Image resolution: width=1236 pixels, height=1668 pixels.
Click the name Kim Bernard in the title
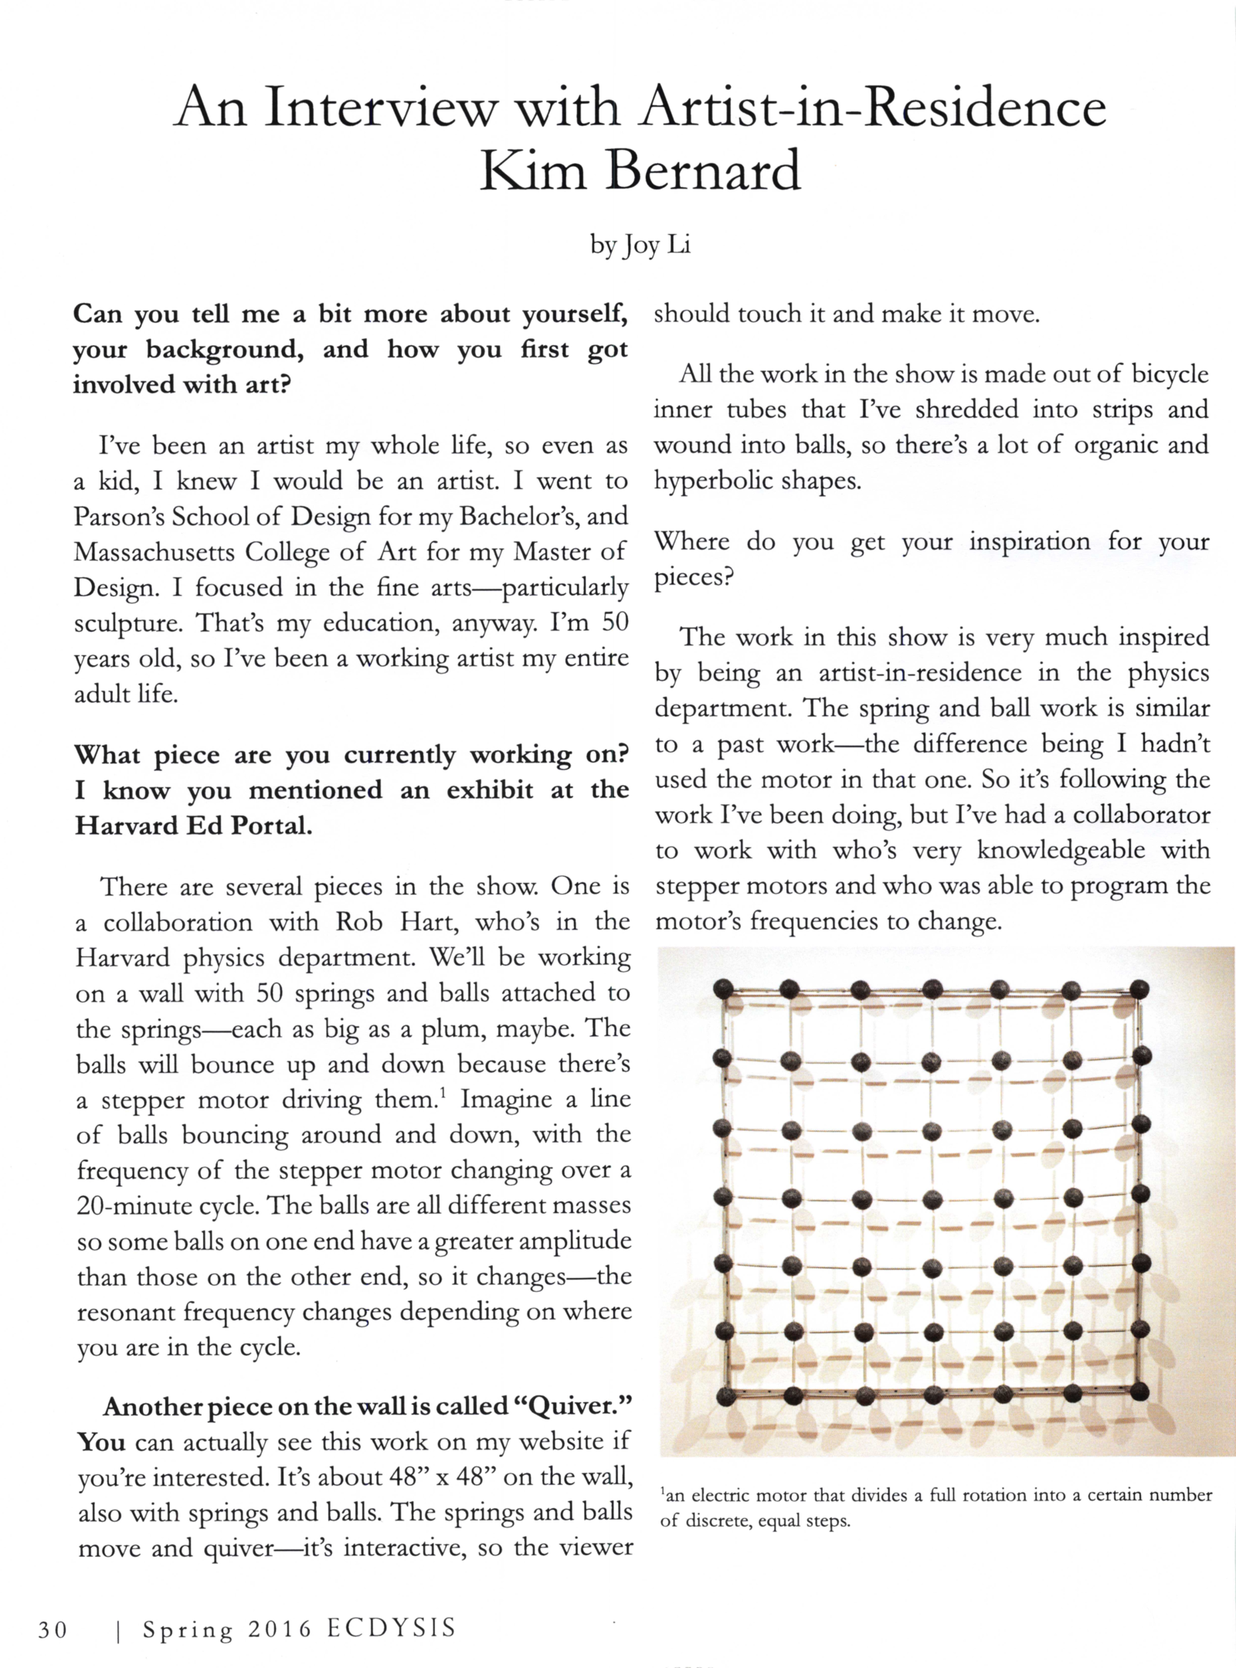click(640, 171)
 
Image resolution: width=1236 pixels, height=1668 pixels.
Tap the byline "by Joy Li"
click(640, 246)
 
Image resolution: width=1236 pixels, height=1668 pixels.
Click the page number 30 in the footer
click(53, 1629)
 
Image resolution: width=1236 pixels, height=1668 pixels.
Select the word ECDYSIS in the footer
click(391, 1629)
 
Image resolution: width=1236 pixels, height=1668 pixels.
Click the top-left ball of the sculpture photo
click(724, 989)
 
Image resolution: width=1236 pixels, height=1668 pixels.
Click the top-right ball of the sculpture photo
click(1139, 989)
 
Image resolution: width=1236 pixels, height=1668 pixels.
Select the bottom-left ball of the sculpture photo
click(725, 1395)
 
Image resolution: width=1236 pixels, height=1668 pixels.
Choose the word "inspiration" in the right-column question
click(1029, 542)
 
